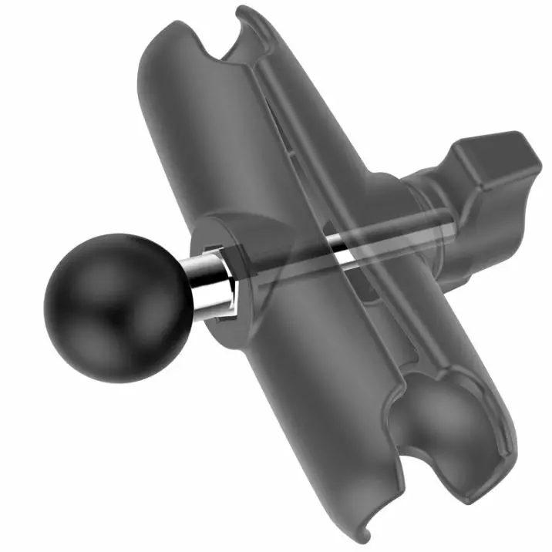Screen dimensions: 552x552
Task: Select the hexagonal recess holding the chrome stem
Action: (225, 284)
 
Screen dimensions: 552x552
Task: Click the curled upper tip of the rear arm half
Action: (245, 13)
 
